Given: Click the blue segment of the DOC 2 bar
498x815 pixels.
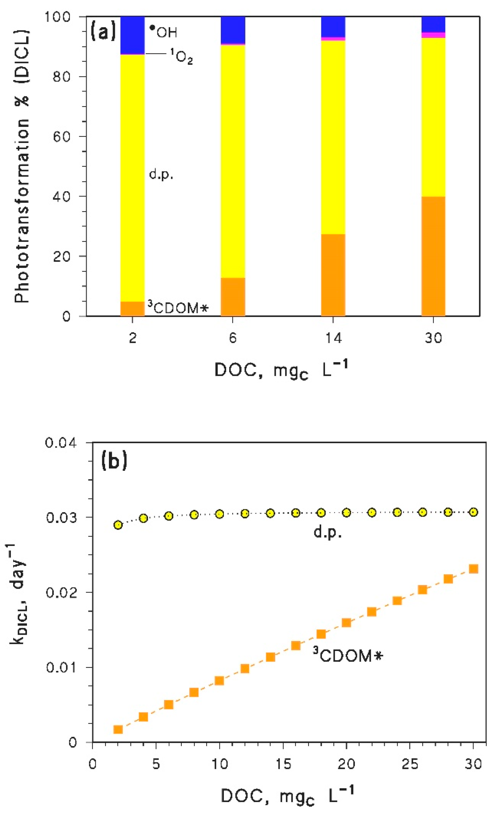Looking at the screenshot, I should point(132,35).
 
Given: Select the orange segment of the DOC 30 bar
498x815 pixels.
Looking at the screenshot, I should point(433,256).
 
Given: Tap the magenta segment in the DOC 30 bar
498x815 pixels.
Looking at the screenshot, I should point(433,35).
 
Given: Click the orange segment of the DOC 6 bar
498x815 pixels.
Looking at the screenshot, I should point(233,297).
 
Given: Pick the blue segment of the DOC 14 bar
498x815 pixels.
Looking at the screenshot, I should point(333,26).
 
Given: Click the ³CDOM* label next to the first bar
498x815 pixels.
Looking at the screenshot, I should point(178,308).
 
